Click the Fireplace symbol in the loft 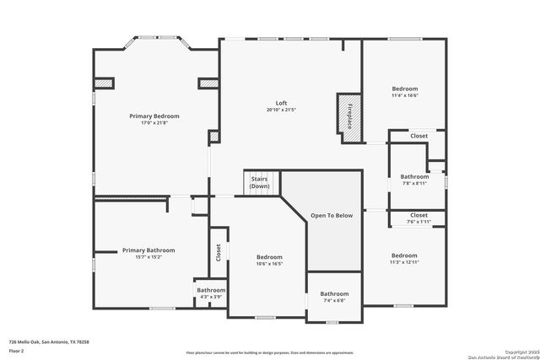click(348, 114)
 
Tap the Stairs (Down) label click(259, 182)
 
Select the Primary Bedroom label click(154, 116)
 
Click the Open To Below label click(332, 216)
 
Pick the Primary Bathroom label click(148, 250)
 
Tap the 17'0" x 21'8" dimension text click(154, 124)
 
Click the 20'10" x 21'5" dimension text click(282, 110)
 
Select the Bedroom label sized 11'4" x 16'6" click(404, 89)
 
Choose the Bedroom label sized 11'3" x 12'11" click(403, 255)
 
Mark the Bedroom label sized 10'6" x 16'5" click(269, 256)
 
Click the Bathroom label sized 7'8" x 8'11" click(414, 176)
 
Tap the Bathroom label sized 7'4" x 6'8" click(333, 293)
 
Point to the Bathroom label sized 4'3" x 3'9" click(211, 289)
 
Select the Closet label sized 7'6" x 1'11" click(418, 215)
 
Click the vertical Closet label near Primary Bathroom click(218, 251)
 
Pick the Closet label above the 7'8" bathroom click(418, 136)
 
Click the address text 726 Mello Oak click(49, 341)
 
